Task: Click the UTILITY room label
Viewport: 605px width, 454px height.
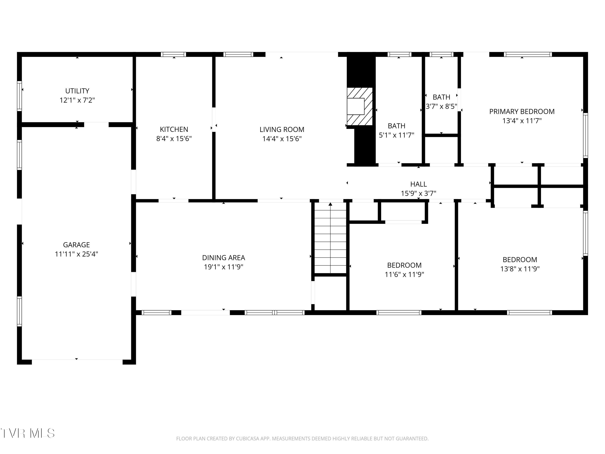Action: [77, 91]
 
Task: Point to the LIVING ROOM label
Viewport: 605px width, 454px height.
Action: [282, 130]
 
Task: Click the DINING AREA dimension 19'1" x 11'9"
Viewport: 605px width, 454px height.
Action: [223, 267]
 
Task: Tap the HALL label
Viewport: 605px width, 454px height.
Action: [418, 184]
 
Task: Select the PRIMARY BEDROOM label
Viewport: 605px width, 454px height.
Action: [522, 111]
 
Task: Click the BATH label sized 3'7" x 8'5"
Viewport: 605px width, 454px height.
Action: [441, 97]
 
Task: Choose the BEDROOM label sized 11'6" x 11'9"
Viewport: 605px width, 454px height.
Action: [404, 265]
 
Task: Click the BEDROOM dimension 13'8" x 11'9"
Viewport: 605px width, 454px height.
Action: [520, 269]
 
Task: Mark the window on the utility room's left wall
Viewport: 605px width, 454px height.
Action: [19, 96]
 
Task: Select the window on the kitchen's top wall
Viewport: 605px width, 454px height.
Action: [173, 54]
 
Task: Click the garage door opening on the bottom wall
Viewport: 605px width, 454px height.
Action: [77, 362]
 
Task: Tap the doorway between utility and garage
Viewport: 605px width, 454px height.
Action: [96, 124]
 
